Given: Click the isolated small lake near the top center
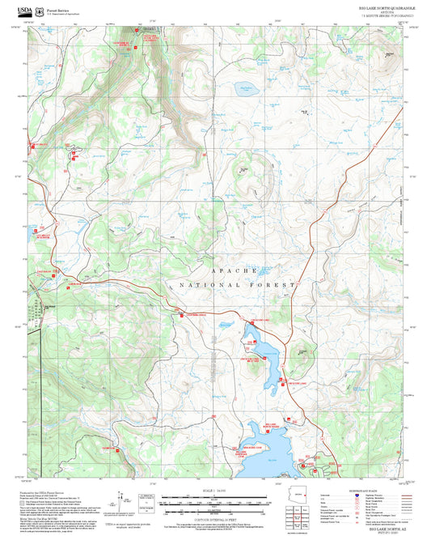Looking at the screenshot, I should click(243, 88).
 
